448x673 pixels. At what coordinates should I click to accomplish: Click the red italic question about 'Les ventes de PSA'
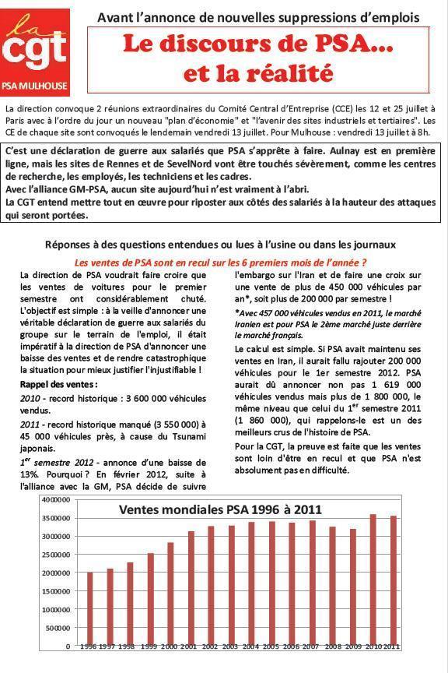220,263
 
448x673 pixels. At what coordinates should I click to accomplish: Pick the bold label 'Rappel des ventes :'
58,385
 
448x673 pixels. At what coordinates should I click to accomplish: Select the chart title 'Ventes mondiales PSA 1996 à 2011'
220,510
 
